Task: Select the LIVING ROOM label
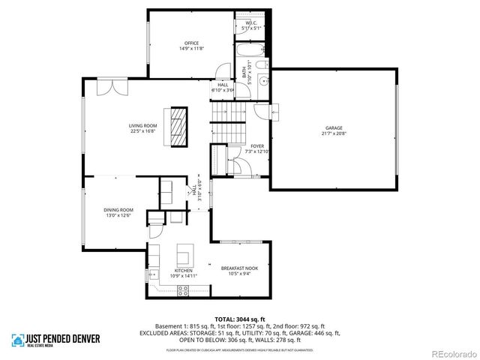point(142,127)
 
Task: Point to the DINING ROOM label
point(118,211)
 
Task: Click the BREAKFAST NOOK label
point(239,270)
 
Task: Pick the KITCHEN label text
point(183,272)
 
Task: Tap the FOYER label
point(257,148)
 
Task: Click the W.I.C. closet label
point(251,25)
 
